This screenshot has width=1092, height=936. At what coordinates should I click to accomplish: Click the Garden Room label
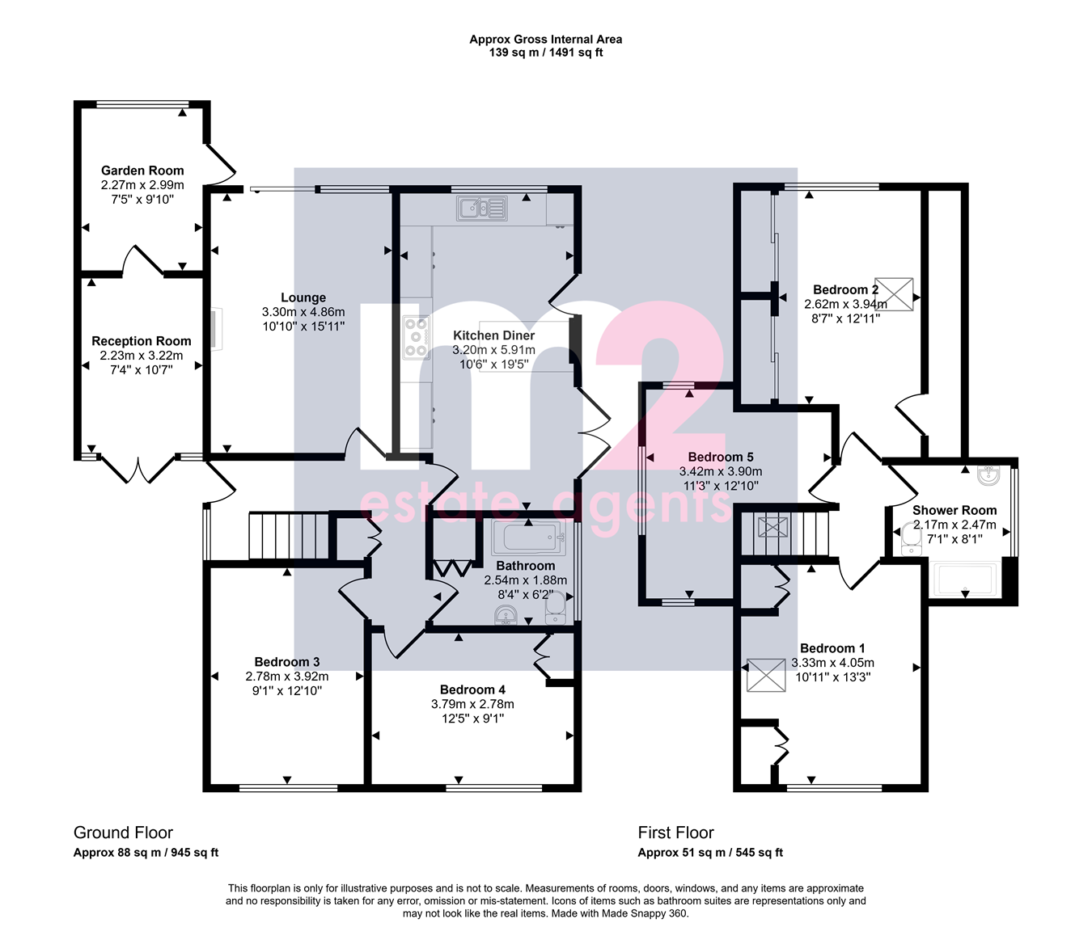click(x=142, y=171)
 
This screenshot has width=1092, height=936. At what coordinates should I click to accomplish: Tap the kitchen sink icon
click(x=482, y=208)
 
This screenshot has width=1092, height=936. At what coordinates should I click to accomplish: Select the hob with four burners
click(x=417, y=337)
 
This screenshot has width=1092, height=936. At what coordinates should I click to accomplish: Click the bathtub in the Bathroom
click(x=529, y=538)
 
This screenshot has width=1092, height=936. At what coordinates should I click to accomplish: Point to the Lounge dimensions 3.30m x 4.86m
click(x=303, y=312)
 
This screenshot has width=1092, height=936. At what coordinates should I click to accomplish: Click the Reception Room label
click(x=142, y=341)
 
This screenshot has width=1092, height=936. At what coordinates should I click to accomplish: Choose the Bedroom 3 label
click(x=287, y=662)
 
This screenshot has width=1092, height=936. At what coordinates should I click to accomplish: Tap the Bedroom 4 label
click(x=473, y=689)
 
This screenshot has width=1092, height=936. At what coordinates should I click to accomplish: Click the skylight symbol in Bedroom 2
click(x=894, y=294)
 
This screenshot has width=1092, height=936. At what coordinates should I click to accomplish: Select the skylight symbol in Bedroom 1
click(x=766, y=675)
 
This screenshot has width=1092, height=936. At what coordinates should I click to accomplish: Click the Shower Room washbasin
click(x=988, y=475)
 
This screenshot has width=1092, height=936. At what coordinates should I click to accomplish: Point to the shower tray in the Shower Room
click(x=965, y=580)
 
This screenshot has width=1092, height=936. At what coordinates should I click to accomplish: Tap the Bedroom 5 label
click(x=721, y=457)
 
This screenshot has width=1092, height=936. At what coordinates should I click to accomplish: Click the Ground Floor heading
click(x=123, y=833)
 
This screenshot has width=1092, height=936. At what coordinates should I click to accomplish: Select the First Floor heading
click(x=675, y=833)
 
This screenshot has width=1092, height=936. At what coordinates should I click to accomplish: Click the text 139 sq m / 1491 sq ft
click(x=546, y=53)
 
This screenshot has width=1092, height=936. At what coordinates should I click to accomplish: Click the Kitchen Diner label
click(x=494, y=335)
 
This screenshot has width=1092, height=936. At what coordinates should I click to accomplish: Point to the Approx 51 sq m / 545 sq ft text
click(x=710, y=853)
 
